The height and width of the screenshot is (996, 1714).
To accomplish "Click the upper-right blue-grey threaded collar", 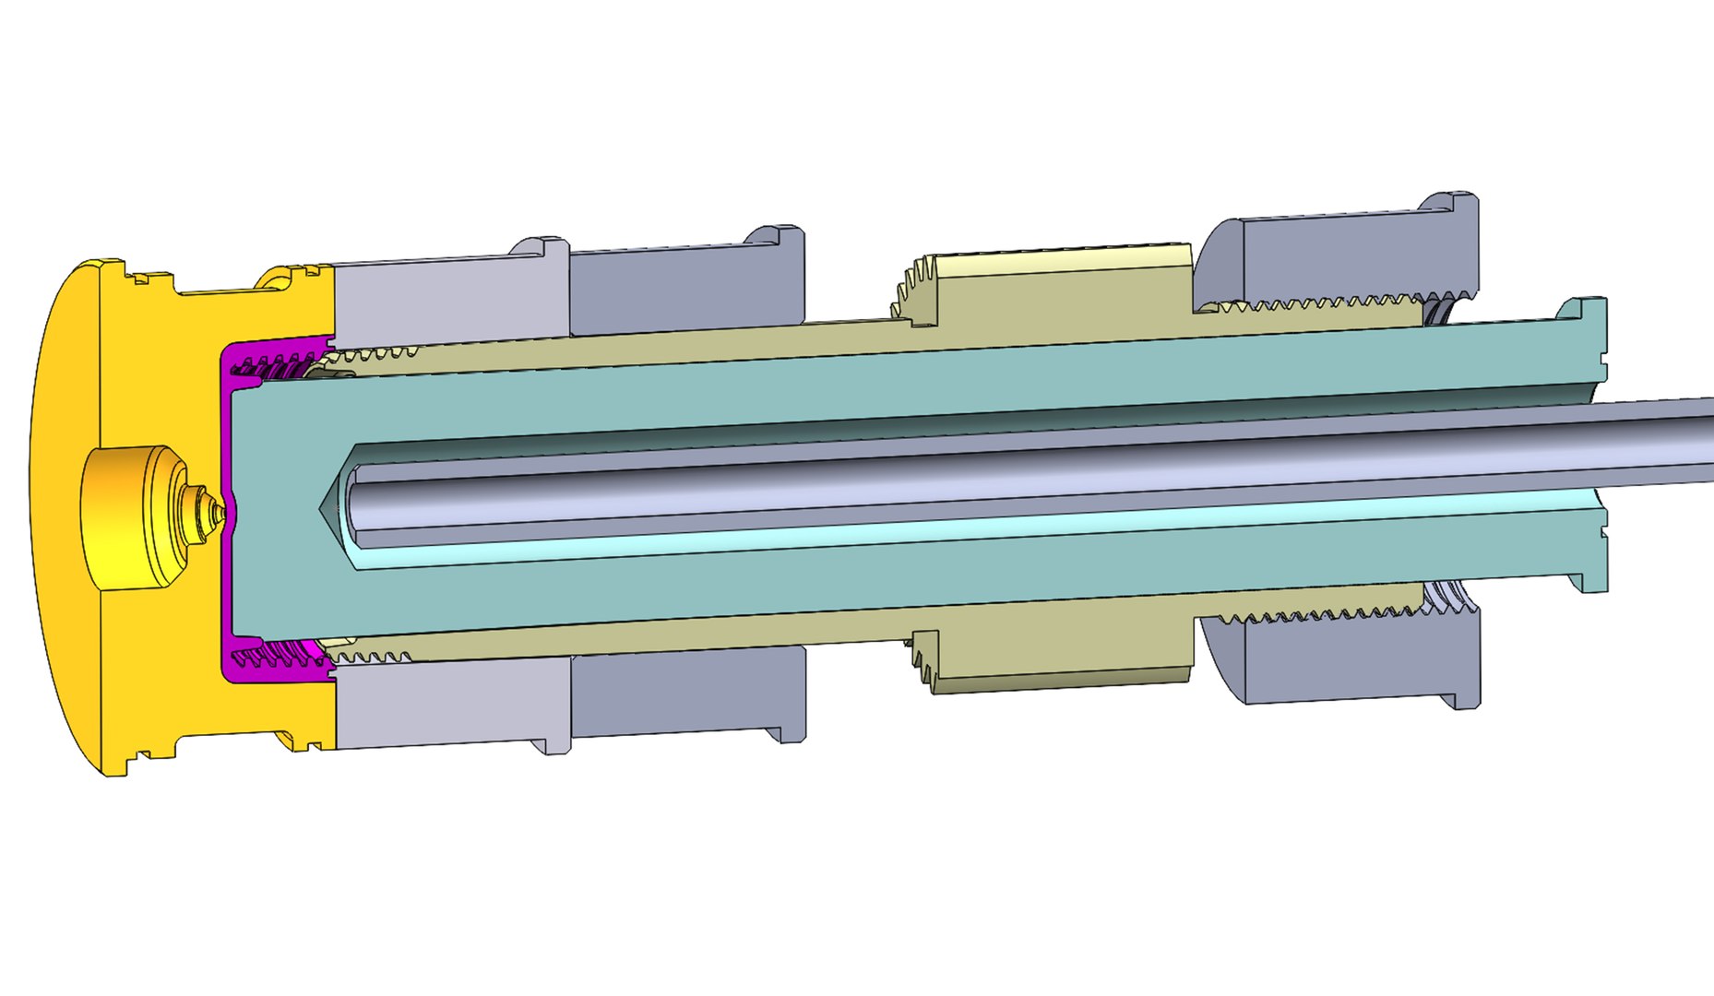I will [x=1338, y=258].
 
